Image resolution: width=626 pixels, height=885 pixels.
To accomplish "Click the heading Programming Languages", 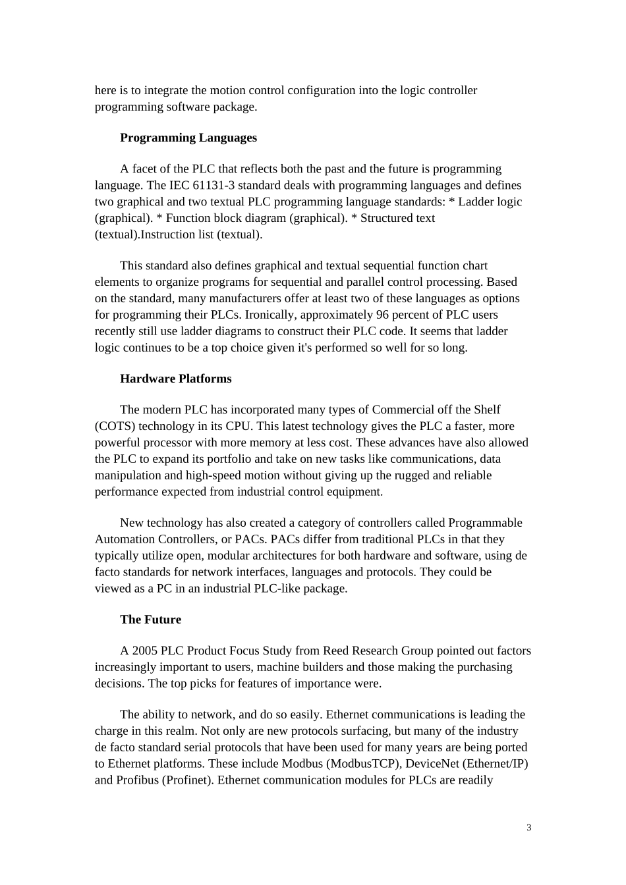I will [188, 138].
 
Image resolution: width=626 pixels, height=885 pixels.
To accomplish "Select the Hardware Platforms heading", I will [175, 379].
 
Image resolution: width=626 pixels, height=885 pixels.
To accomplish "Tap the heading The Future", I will [150, 620].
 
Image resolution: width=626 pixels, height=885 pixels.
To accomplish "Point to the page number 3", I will [529, 828].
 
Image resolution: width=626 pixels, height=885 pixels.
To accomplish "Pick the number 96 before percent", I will [382, 315].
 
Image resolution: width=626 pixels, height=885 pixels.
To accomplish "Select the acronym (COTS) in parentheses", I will [115, 426].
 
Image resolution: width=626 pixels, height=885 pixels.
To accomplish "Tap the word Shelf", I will [487, 410].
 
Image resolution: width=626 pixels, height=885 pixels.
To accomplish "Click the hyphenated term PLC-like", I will [277, 589].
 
